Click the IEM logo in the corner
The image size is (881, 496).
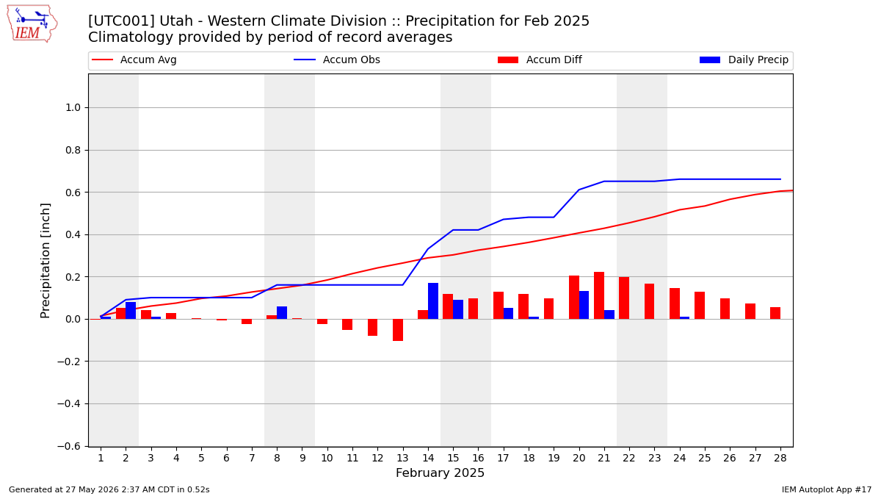coord(32,24)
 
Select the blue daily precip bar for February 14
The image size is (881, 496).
coord(433,301)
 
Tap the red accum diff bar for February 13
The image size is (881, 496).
coord(398,330)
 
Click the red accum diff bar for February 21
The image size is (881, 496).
coord(599,295)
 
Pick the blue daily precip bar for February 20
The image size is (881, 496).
coord(584,305)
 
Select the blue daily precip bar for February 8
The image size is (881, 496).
coord(282,312)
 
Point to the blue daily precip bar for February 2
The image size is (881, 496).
coord(131,310)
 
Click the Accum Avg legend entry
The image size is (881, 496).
coord(134,60)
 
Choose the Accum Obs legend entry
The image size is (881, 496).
coord(337,60)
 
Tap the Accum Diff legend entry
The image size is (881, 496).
coord(540,60)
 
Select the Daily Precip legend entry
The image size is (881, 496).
coord(744,60)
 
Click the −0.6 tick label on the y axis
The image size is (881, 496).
coord(69,446)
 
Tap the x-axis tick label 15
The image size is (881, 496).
coord(453,459)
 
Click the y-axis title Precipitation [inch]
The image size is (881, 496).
coord(46,261)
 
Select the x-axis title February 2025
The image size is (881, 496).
coord(440,472)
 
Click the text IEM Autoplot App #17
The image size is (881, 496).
coord(827,489)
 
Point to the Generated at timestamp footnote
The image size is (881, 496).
coord(109,489)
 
